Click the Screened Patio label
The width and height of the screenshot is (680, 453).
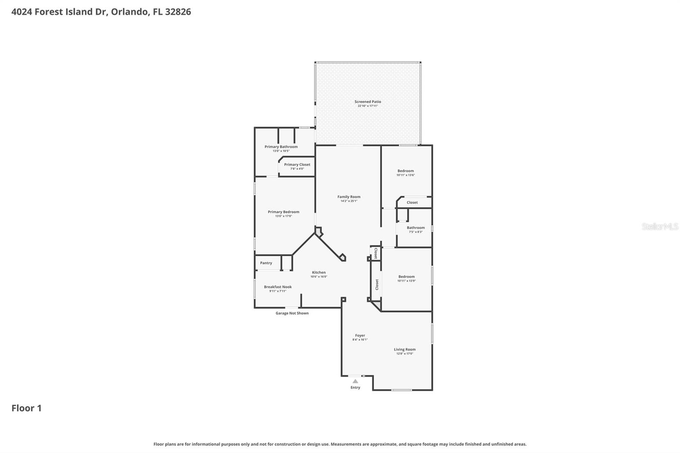[x=368, y=102]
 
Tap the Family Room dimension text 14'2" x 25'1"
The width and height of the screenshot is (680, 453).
[x=349, y=201]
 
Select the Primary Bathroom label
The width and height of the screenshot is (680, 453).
[x=281, y=147]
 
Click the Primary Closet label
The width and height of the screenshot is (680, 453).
[x=297, y=164]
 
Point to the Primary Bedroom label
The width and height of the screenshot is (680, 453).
[x=283, y=212]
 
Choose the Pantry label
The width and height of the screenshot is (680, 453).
[x=266, y=263]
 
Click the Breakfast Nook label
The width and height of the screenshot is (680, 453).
[x=278, y=287]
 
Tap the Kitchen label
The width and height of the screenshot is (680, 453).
[x=319, y=272]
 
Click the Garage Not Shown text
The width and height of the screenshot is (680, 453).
[x=292, y=313]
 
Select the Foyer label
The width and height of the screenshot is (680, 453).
[x=360, y=335]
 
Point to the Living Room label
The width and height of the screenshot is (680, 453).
[x=405, y=349]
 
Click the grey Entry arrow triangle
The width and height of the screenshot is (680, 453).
[x=355, y=381]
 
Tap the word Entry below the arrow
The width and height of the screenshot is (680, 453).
[x=355, y=388]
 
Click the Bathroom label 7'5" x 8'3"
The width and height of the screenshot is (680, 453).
[x=416, y=228]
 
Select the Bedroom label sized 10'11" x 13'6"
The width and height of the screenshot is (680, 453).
[x=405, y=171]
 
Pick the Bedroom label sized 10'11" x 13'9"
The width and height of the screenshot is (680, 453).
[x=406, y=277]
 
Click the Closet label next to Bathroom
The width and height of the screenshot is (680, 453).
[x=412, y=202]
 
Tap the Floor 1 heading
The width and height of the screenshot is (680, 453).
[x=26, y=408]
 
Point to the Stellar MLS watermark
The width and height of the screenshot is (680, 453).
[x=660, y=227]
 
